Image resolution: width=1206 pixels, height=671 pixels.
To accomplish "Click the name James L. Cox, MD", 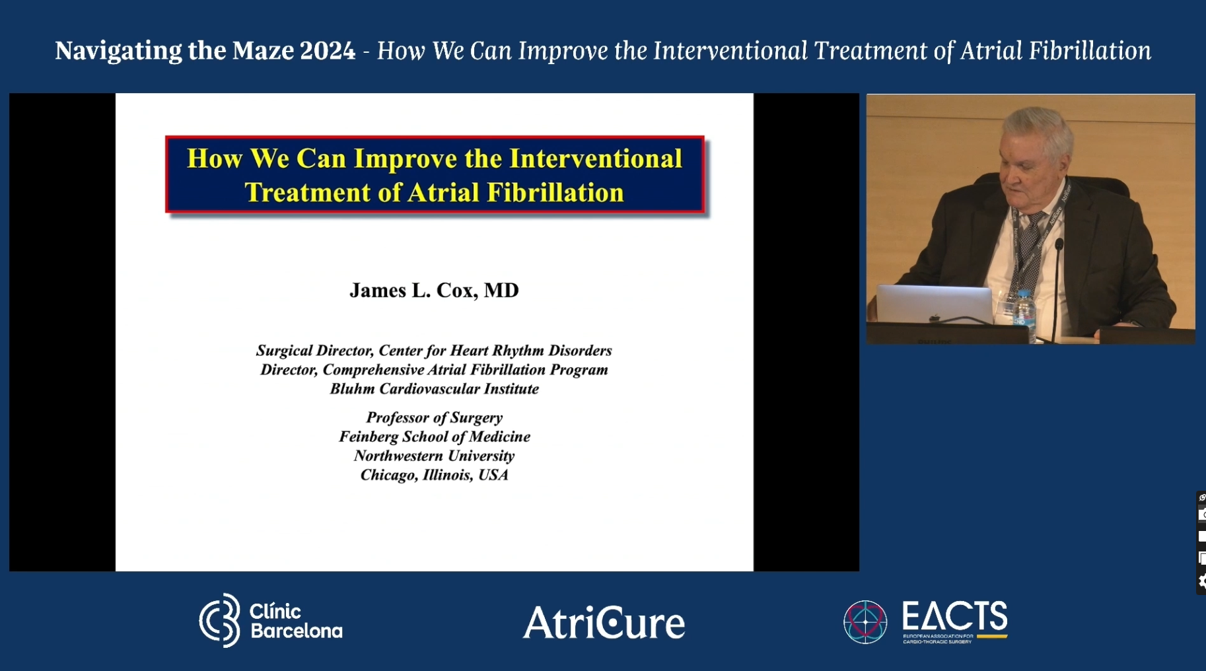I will coord(434,291).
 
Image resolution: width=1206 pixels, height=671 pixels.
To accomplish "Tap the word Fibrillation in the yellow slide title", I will coord(555,193).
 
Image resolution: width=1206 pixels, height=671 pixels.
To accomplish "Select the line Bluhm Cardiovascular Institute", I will coord(434,389).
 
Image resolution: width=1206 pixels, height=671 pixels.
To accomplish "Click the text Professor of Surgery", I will coord(434,417).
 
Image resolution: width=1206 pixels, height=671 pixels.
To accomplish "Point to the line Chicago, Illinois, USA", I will coord(434,475).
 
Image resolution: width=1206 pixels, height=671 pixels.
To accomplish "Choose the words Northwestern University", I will coord(434,456).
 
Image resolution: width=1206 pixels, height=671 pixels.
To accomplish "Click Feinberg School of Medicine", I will coord(434,437).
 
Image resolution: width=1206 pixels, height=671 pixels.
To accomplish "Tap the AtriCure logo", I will coord(604,623).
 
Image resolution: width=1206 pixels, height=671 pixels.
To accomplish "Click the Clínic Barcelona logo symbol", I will coord(221,620).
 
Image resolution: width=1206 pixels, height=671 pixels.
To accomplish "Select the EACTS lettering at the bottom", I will coord(954,617).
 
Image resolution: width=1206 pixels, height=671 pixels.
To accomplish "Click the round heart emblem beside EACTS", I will coord(865,621).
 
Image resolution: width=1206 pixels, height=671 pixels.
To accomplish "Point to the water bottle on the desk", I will coord(1024,310).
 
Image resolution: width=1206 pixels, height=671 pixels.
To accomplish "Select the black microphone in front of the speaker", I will coord(1057,277).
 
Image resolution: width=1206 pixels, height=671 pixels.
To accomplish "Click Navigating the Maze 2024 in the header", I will coord(205,51).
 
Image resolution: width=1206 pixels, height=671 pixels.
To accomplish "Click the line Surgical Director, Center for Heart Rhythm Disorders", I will coord(434,351).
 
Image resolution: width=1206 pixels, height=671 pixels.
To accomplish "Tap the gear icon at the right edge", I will coord(1201,582).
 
